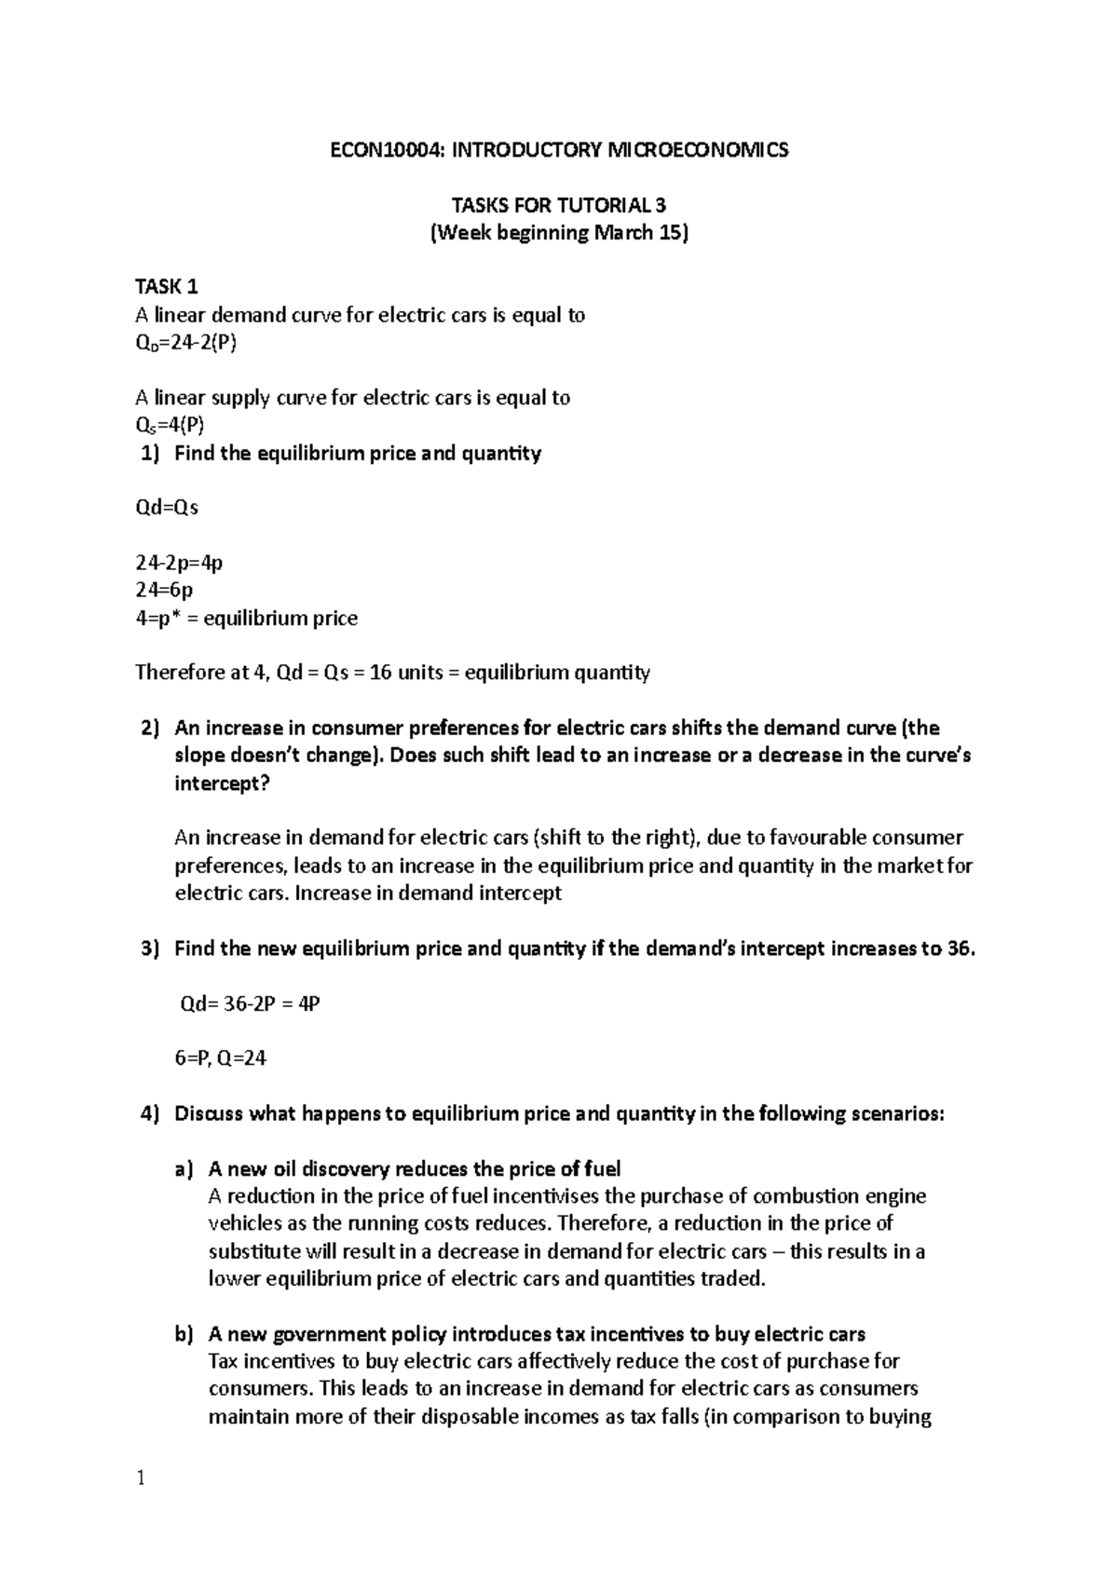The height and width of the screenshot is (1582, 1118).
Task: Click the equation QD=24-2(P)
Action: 186,344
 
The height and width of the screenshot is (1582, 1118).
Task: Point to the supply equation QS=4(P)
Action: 170,426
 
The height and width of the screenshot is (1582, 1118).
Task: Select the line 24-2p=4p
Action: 179,563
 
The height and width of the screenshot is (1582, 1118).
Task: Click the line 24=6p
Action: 164,590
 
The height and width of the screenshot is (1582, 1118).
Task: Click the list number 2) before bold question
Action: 150,728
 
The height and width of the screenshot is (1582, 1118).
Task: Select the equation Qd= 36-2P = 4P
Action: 250,1003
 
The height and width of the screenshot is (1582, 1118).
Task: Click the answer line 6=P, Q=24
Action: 221,1058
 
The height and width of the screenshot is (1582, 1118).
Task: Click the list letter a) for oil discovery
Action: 184,1168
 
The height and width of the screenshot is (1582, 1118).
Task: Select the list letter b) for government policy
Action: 184,1333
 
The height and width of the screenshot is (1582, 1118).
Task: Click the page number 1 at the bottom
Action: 141,1479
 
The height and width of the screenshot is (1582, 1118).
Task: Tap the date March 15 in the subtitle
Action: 638,232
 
